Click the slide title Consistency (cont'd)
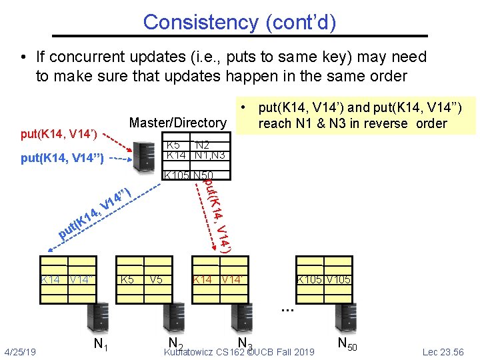point(239,22)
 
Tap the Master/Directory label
point(177,123)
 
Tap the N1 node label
point(101,345)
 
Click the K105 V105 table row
point(323,280)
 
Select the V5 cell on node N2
point(156,280)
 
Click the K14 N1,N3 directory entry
point(195,155)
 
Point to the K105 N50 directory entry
point(183,176)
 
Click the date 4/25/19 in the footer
point(20,351)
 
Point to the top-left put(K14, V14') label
point(59,135)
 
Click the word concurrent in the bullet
point(87,58)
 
